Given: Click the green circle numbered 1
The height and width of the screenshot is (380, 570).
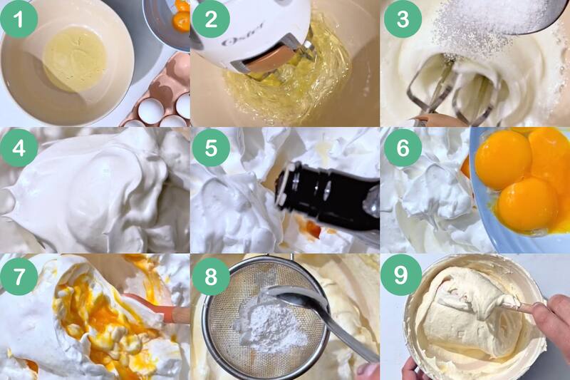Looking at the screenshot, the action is (19, 19).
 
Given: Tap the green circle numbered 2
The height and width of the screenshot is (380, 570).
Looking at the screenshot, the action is (211, 19).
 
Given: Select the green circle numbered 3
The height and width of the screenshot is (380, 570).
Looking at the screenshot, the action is (403, 19).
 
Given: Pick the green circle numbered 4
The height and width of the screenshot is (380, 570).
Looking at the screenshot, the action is (19, 148).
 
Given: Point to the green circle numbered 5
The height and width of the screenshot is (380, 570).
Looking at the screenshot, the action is (211, 148).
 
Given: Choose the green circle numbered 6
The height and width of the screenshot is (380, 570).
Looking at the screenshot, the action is (403, 148).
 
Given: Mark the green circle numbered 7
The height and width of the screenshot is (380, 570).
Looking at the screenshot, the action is (19, 276).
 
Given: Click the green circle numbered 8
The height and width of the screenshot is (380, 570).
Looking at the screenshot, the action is (211, 276).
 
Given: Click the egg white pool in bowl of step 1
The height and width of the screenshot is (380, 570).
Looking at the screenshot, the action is (76, 59).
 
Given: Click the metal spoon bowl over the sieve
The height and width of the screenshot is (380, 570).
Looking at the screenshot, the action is (295, 297).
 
